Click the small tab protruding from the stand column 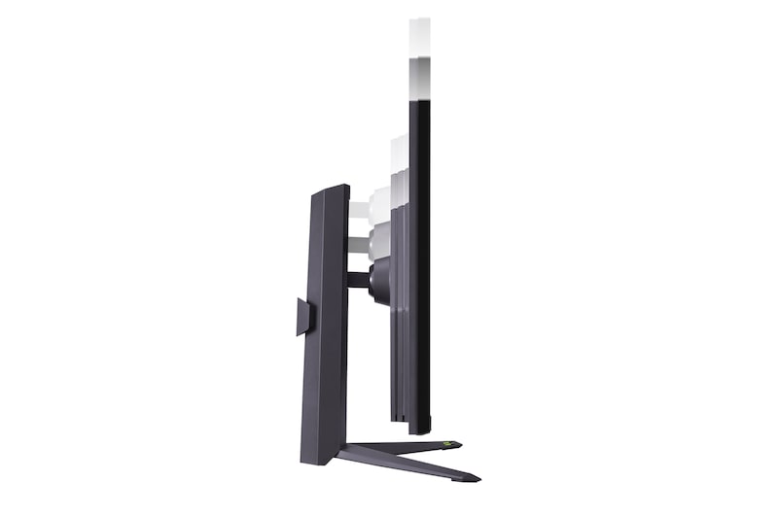[302, 317]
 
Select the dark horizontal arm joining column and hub [358, 280]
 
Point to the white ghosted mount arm [358, 211]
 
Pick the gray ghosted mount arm [358, 243]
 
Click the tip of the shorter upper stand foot [459, 444]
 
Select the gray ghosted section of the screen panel [420, 78]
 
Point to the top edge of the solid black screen [420, 101]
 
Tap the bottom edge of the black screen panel [420, 431]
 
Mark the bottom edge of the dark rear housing [399, 419]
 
